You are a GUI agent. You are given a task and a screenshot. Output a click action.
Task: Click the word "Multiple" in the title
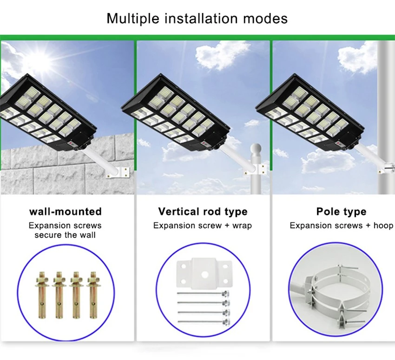[x=132, y=19]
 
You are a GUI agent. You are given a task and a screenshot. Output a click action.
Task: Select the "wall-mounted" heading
[x=66, y=212]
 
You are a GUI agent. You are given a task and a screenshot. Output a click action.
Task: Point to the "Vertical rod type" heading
[x=203, y=212]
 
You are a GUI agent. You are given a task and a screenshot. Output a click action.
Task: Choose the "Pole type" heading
[x=342, y=212]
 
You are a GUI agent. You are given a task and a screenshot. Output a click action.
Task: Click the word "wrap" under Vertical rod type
[x=242, y=226]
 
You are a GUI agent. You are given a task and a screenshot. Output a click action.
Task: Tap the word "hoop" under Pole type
[x=383, y=226]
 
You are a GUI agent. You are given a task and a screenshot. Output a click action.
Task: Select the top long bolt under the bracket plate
[x=203, y=293]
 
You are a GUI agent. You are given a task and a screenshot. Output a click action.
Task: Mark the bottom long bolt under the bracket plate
[x=203, y=322]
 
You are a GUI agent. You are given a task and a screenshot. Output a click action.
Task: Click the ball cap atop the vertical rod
[x=256, y=148]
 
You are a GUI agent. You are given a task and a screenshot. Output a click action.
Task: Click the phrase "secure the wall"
[x=65, y=235]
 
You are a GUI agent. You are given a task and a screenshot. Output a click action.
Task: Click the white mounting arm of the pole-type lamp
[x=369, y=155]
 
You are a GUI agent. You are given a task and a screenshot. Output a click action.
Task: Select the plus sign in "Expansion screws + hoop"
[x=368, y=226]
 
